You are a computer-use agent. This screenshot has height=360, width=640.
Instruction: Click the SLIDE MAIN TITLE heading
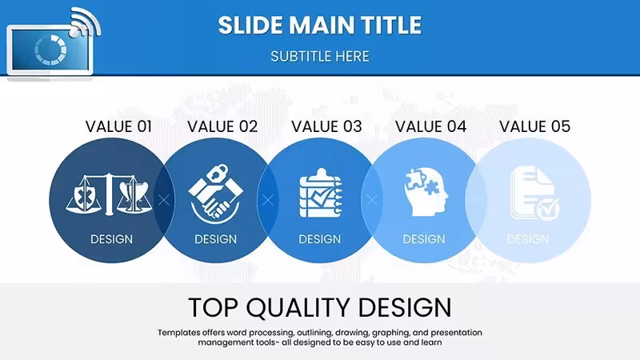pos(320,25)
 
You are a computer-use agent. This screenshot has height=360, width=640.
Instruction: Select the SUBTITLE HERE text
pos(320,56)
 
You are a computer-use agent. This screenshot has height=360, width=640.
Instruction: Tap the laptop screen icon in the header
pos(50,50)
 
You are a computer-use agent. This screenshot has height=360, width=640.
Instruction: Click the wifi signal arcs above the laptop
pos(85,22)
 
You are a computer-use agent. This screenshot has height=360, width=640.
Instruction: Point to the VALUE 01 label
pos(118,126)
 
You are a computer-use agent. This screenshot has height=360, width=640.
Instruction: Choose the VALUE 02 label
pos(223,126)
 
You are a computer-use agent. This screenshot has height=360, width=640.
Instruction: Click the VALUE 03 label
pos(327,126)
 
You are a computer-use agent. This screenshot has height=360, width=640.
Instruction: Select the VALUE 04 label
pos(431,126)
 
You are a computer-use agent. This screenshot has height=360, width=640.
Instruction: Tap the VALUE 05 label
pos(535,126)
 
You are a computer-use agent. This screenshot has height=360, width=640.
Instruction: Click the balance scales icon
pos(109,194)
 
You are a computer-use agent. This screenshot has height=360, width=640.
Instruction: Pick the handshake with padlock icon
pos(215,194)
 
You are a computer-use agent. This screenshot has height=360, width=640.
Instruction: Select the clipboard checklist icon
pos(321,193)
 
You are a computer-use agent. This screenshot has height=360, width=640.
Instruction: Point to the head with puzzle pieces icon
pos(426,192)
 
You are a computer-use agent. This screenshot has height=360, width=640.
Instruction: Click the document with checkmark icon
pos(534,193)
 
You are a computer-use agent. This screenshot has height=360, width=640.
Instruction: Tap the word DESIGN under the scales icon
pos(111,238)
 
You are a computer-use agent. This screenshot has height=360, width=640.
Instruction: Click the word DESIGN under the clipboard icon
pos(319,238)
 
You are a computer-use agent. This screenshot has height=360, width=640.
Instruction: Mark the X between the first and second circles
pos(164,200)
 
